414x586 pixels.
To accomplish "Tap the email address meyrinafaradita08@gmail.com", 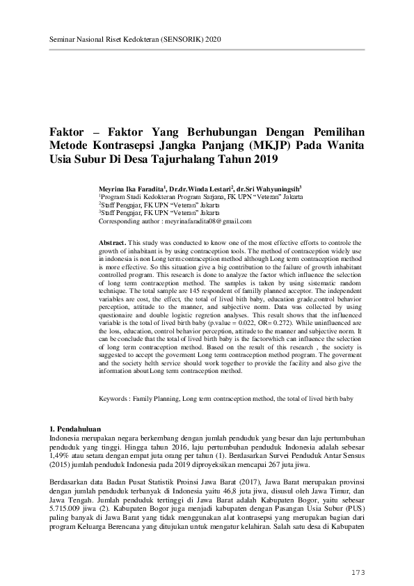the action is coord(207,221).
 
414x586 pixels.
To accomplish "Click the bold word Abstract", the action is coord(113,241).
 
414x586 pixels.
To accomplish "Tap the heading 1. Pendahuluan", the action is coord(74,429).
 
